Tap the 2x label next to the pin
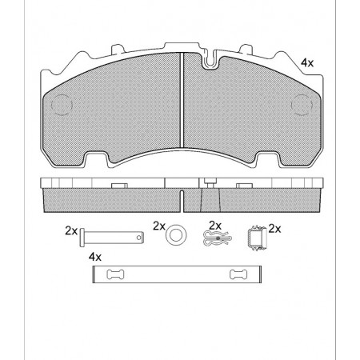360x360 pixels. point(71,231)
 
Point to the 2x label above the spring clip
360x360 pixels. point(214,225)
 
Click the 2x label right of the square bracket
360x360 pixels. point(275,228)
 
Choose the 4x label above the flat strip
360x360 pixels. point(95,257)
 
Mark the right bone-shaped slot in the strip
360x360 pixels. point(238,276)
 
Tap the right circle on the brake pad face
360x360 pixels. point(302,105)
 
